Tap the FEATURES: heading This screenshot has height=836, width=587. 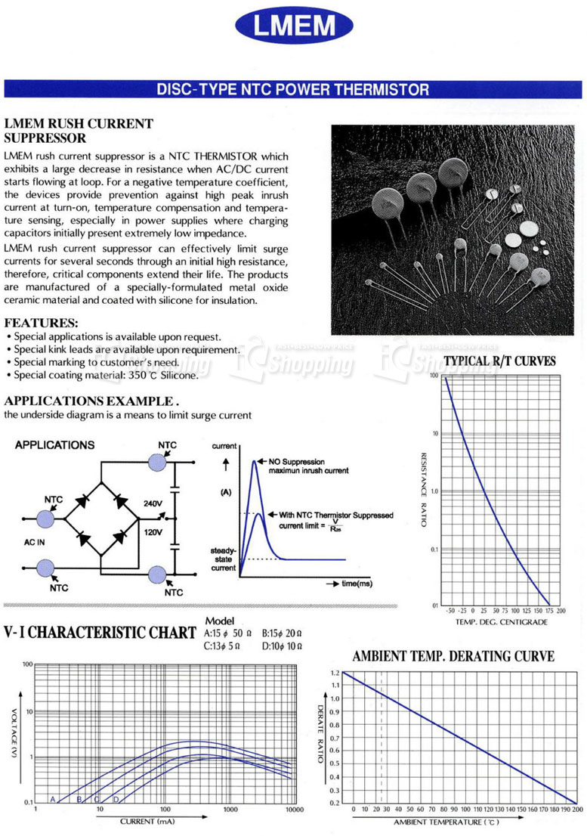tap(42, 322)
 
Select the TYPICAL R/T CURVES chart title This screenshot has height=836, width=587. tap(499, 362)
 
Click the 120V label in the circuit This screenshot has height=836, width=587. tap(153, 532)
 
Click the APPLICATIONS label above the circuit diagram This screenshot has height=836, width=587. tap(54, 445)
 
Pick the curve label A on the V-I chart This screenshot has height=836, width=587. tap(53, 799)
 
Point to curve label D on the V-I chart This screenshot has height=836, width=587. tap(116, 799)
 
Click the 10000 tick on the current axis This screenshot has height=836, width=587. tap(293, 810)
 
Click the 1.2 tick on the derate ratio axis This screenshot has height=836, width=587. tap(335, 672)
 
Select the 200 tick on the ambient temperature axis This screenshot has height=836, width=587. tap(577, 810)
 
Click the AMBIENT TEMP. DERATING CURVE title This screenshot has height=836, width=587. tap(453, 656)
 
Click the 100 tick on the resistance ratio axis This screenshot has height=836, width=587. tap(434, 376)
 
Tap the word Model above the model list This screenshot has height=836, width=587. tap(219, 621)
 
